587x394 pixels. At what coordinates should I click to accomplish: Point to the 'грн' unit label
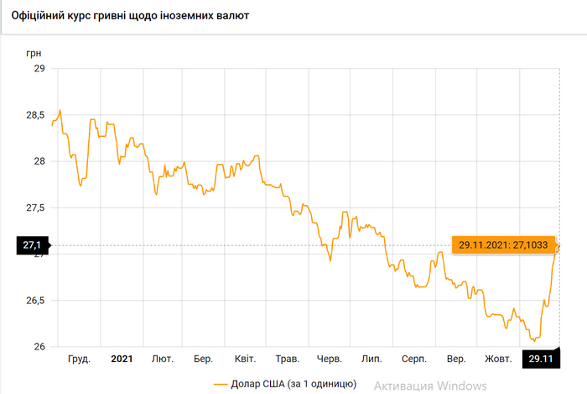coord(34,52)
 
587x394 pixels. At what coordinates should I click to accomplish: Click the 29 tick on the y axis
coord(39,68)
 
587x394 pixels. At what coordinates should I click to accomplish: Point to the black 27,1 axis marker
coord(33,246)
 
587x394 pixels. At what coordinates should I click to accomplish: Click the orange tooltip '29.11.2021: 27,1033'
coord(501,245)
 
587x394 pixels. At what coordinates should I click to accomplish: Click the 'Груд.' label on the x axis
coord(79,359)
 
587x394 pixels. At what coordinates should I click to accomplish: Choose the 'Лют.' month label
coord(163,359)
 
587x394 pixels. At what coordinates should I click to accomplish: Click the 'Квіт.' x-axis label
coord(246,359)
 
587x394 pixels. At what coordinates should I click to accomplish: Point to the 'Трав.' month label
coord(288,359)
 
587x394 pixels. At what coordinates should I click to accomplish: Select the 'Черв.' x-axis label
coord(330,359)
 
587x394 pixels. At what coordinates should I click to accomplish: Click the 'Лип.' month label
coord(371,359)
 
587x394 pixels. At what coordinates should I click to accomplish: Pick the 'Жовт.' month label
coord(499,359)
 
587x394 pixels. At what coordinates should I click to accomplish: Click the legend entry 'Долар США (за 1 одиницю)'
coord(285,384)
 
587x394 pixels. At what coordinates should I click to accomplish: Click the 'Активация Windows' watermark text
coord(430,385)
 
